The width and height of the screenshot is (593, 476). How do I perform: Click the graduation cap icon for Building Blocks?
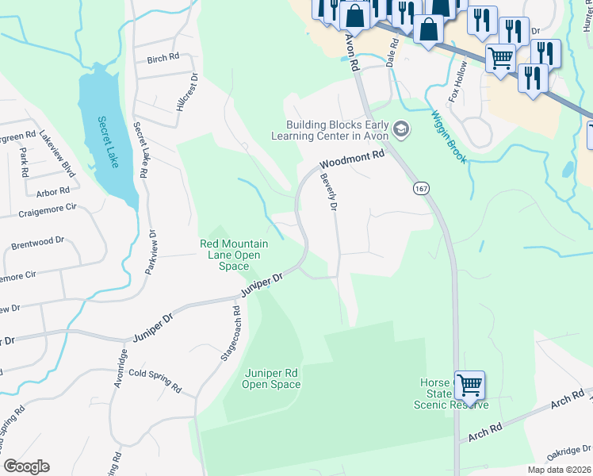tap(402, 129)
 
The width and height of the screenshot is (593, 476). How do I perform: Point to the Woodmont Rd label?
tap(351, 160)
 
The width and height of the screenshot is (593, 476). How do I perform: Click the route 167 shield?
tap(420, 189)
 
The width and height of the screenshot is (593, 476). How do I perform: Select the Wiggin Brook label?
tap(450, 136)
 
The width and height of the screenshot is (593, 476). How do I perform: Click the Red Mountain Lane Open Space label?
tap(234, 255)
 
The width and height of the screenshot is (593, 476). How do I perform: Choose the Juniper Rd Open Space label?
tap(272, 379)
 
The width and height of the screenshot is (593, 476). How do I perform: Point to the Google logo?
tap(26, 466)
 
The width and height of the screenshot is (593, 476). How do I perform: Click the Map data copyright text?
tap(558, 470)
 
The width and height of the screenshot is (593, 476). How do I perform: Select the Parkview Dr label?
tap(151, 252)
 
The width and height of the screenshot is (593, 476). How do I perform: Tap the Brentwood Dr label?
tap(37, 243)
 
